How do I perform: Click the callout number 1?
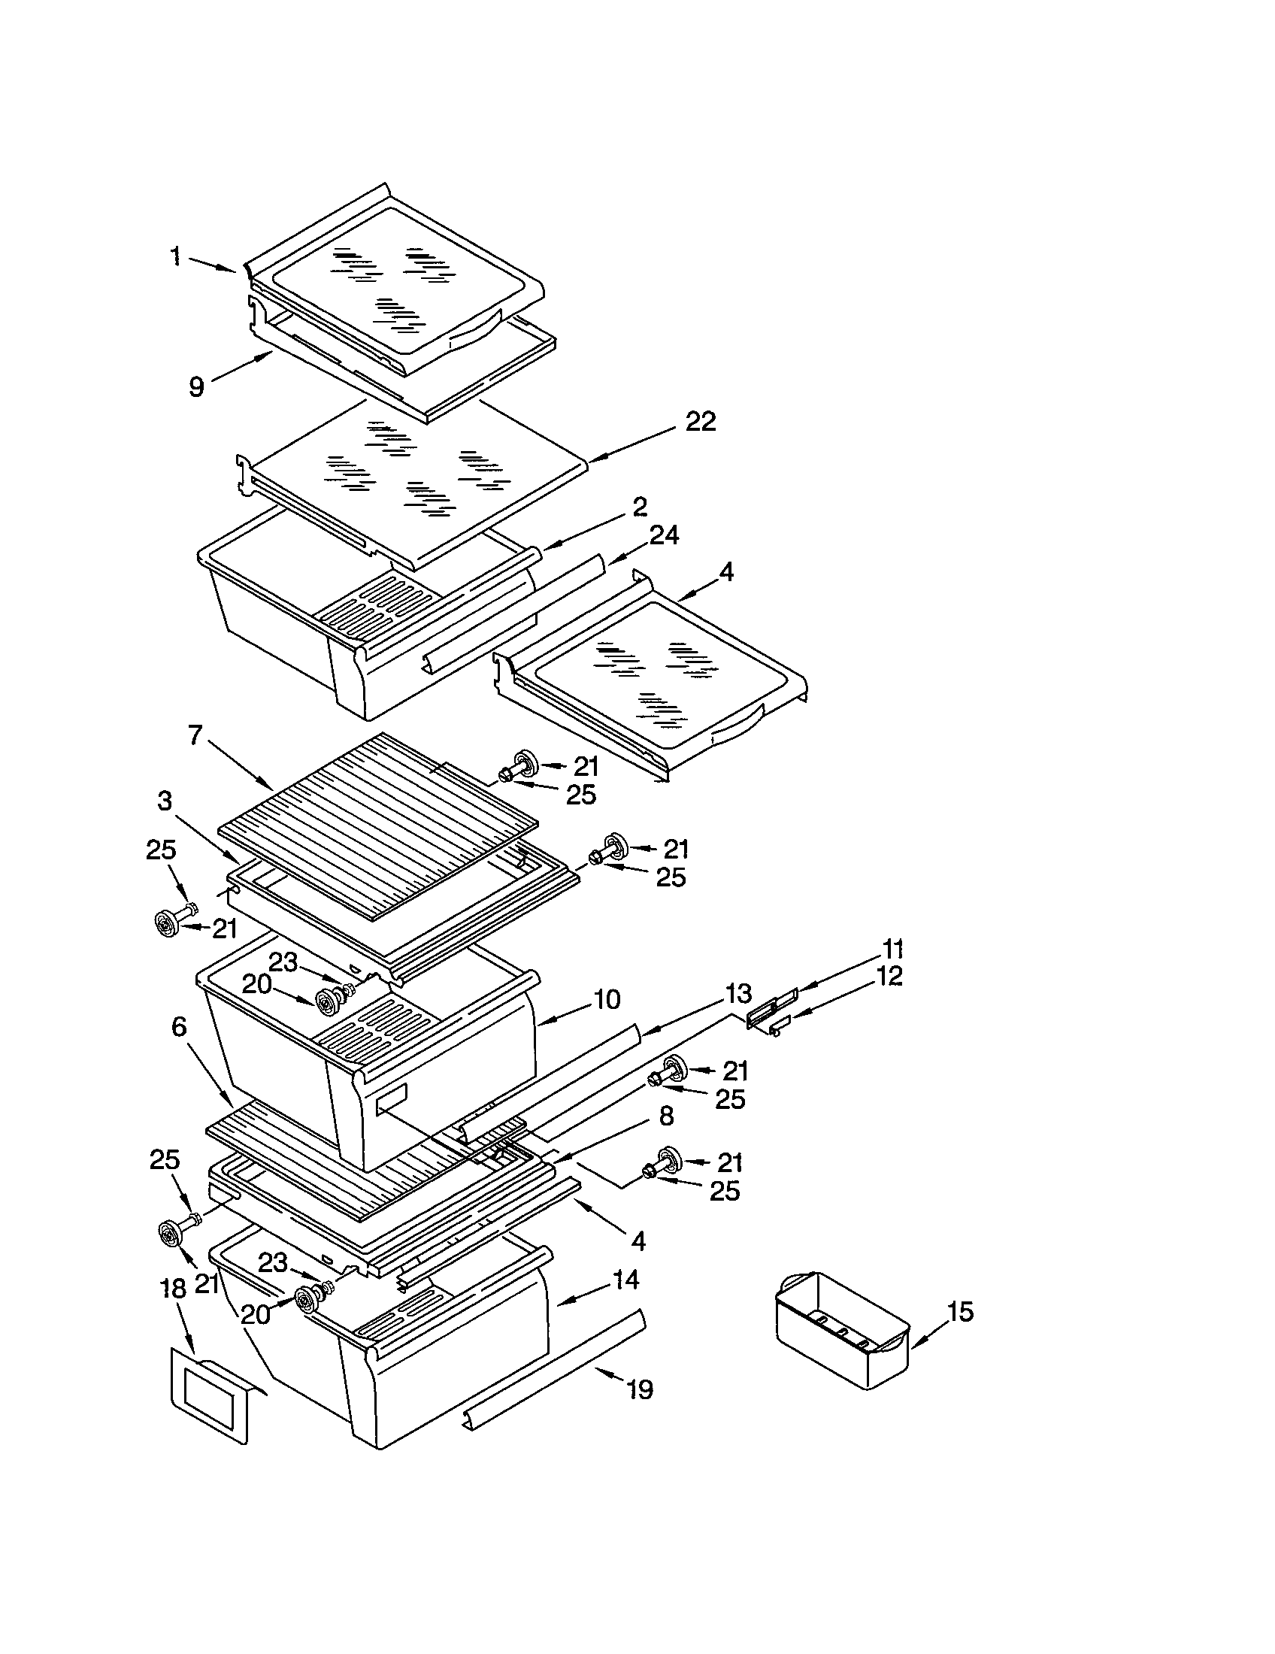[x=175, y=256]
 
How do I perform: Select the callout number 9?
[x=196, y=387]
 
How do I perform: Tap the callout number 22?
[x=700, y=422]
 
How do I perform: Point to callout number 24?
[x=663, y=535]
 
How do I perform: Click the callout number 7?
[x=195, y=735]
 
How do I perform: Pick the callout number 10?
[x=607, y=1000]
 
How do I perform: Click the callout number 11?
[x=892, y=948]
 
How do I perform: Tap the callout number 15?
[x=959, y=1312]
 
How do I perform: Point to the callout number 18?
[x=174, y=1289]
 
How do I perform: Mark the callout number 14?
[x=625, y=1280]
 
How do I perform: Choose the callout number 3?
[x=165, y=801]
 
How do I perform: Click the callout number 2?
[x=640, y=507]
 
